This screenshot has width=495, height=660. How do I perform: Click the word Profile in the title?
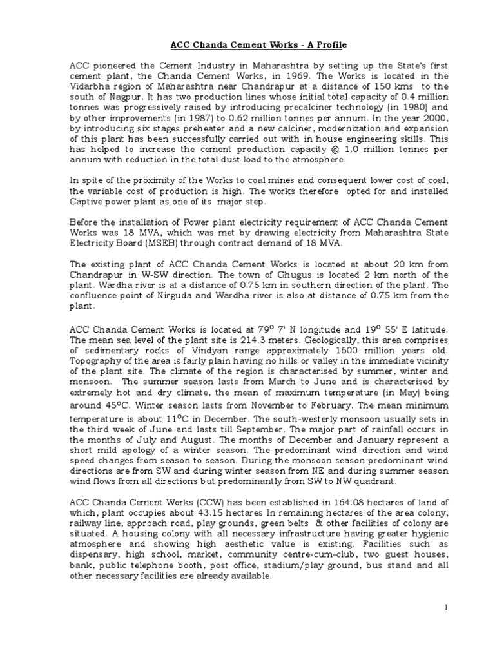point(328,44)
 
